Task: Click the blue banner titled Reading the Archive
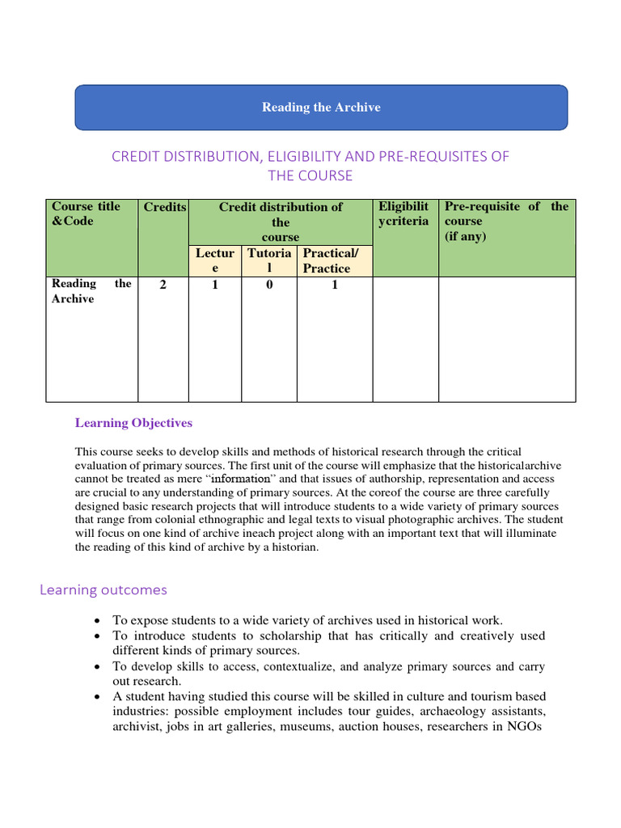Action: tap(321, 108)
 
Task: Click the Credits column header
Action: tap(164, 207)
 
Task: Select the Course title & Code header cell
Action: tap(86, 213)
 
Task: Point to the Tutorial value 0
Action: tap(269, 285)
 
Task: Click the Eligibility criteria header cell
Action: tap(403, 213)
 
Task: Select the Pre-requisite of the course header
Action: tap(506, 221)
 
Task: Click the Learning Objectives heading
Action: tap(133, 422)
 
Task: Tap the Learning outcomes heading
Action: tap(103, 590)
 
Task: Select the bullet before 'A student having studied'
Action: tap(97, 697)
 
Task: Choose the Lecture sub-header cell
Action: tap(214, 261)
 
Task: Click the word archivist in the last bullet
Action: tap(134, 727)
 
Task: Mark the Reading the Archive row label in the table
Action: tap(91, 291)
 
